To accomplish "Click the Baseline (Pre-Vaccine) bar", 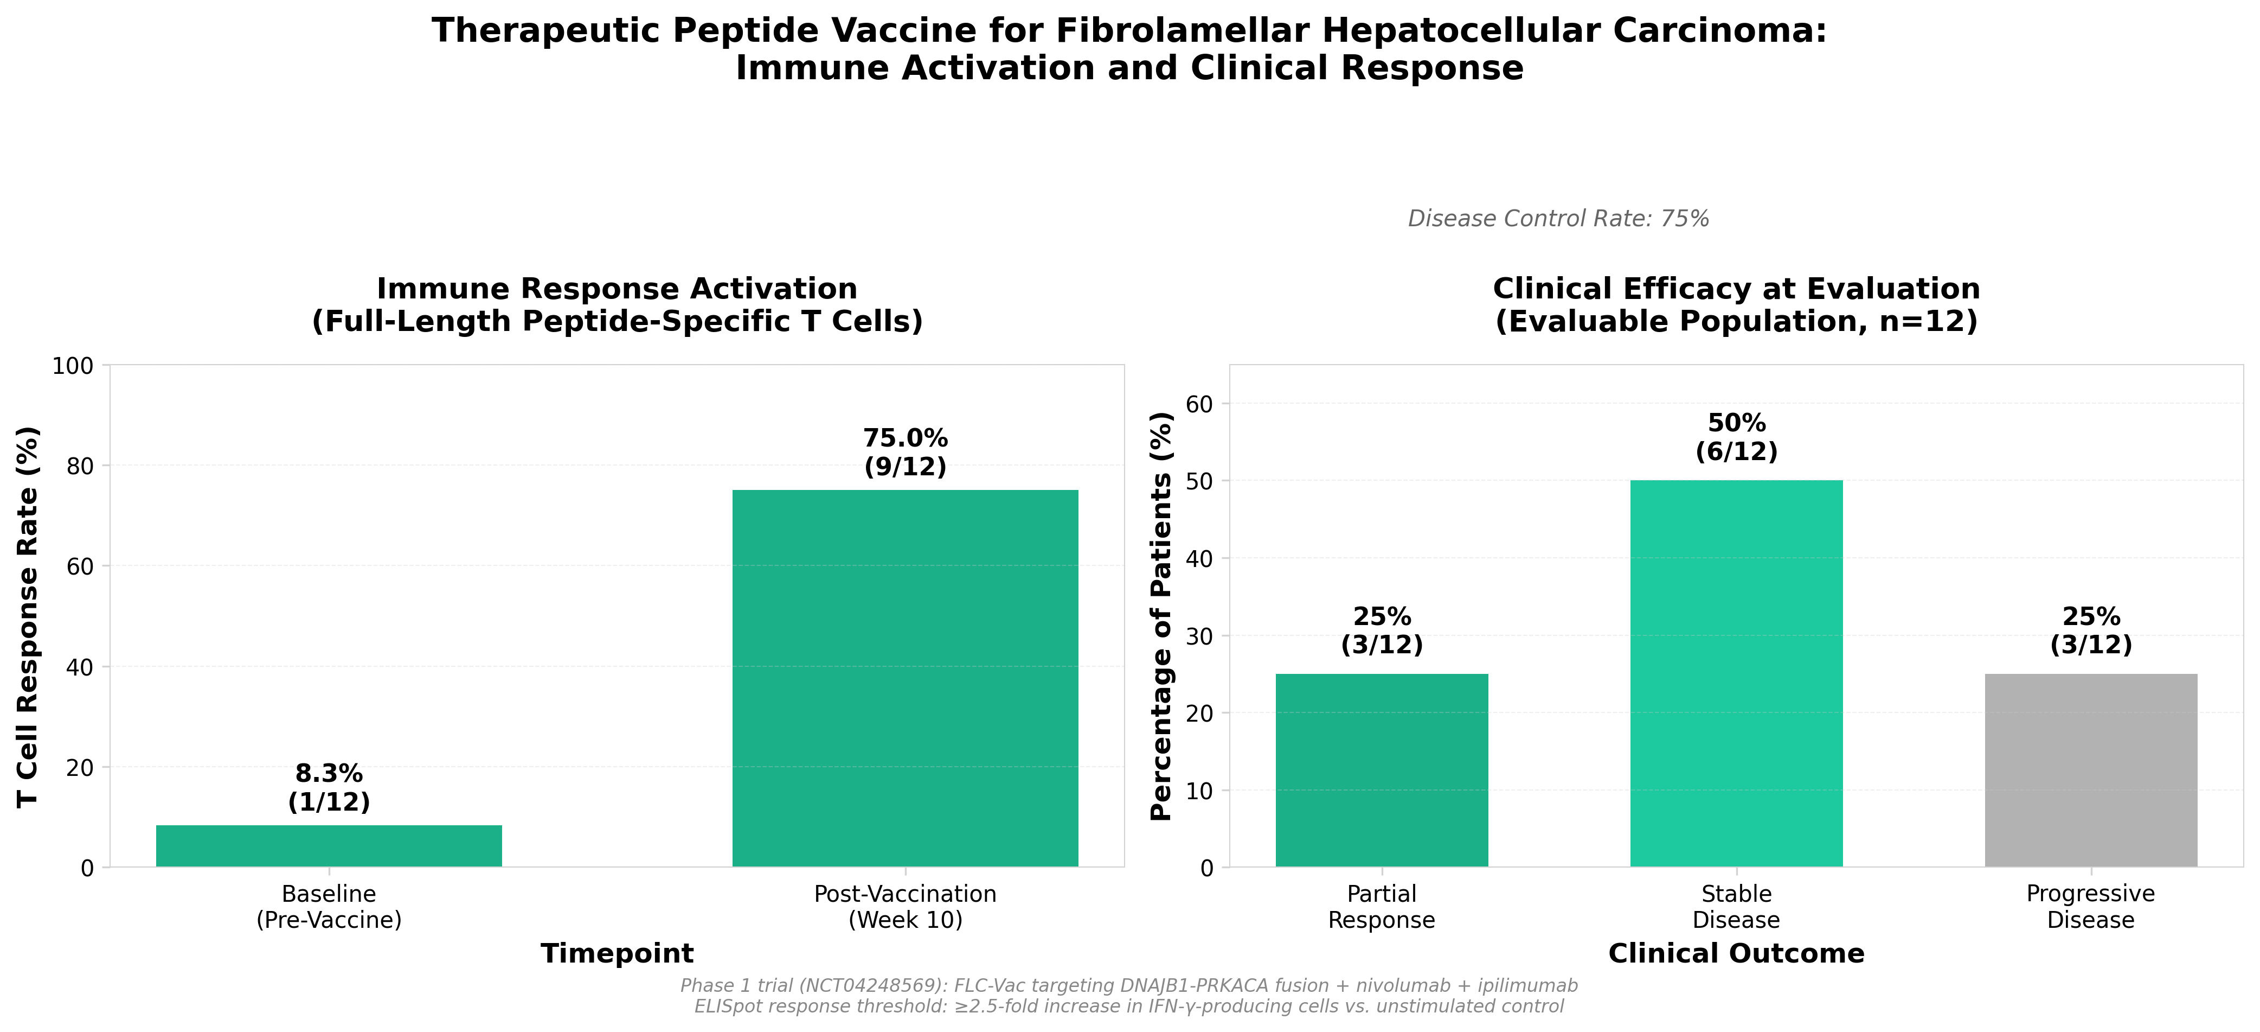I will [329, 846].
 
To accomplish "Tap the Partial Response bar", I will [1381, 770].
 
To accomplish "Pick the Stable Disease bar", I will [1736, 673].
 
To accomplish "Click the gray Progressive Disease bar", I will [2091, 770].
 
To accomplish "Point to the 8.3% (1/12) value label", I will [329, 787].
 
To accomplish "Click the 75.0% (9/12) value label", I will [906, 452].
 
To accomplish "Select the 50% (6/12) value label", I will [1736, 437].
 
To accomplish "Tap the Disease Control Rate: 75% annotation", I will [1558, 219].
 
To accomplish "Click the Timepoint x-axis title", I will [617, 953].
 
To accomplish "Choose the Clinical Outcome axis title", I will [1736, 953].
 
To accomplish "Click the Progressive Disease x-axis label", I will [2091, 907].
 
